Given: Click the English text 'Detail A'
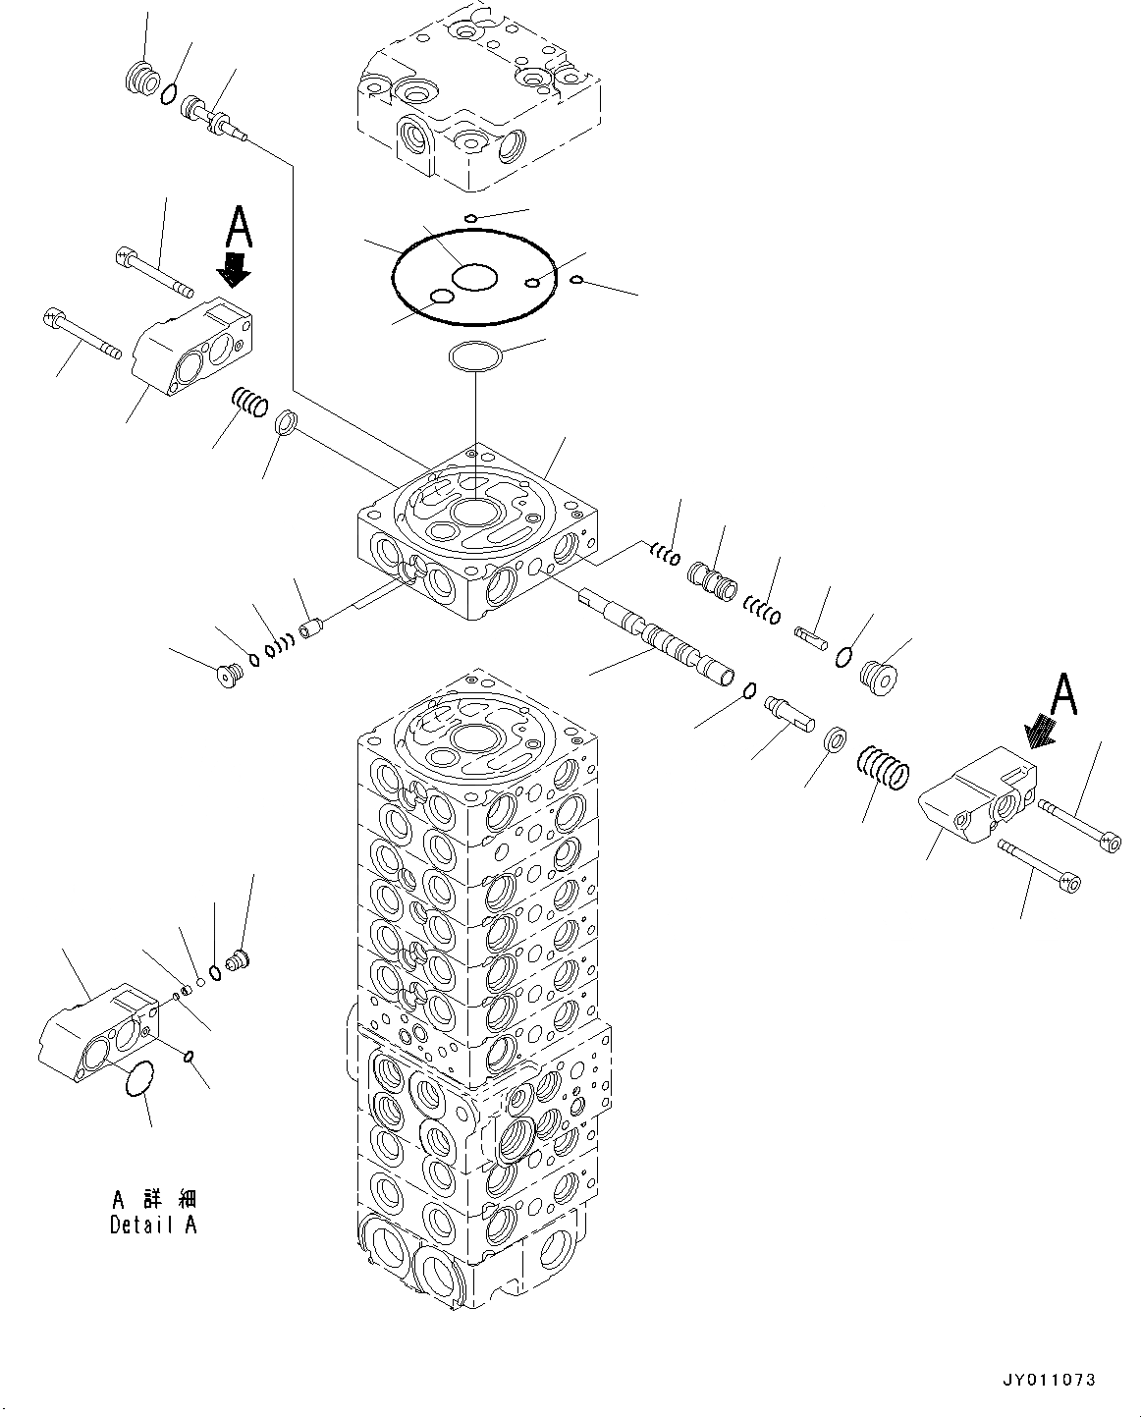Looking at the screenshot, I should pyautogui.click(x=153, y=1226).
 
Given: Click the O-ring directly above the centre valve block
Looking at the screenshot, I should pyautogui.click(x=475, y=356).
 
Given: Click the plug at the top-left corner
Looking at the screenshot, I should pyautogui.click(x=144, y=78).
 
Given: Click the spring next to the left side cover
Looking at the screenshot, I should pyautogui.click(x=249, y=403).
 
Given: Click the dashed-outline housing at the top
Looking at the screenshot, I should pyautogui.click(x=478, y=95).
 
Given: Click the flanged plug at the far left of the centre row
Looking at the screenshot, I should pyautogui.click(x=231, y=675).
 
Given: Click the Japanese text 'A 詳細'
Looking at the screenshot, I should pyautogui.click(x=153, y=1199).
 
